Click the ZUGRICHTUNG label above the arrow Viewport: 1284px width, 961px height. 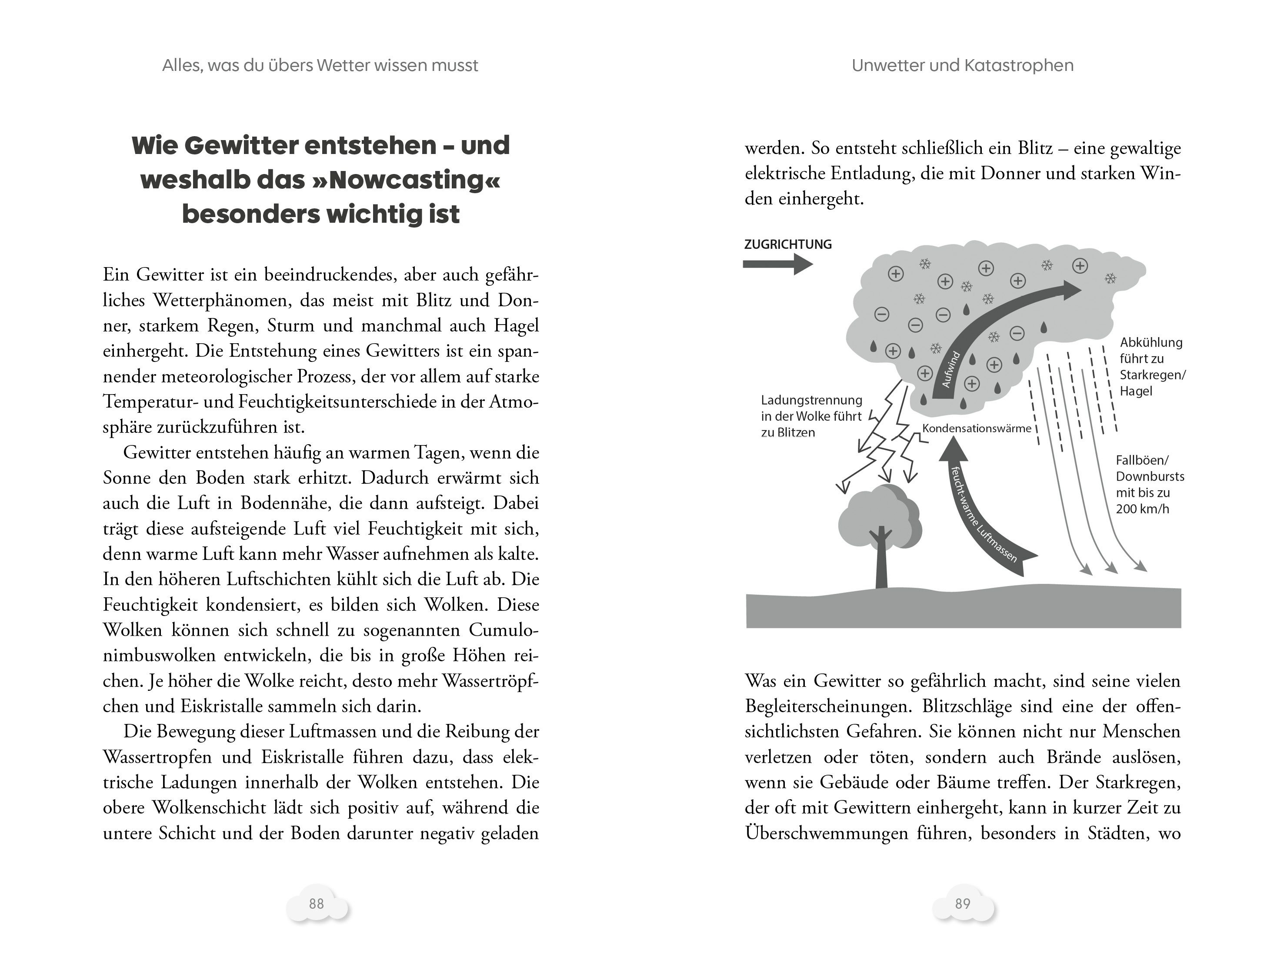click(788, 244)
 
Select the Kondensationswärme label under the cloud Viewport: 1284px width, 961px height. click(977, 429)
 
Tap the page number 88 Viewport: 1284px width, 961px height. click(317, 904)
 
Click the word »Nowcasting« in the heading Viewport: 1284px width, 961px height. click(406, 180)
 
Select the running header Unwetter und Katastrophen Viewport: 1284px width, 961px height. click(962, 66)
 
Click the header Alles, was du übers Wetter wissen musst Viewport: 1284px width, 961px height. click(320, 66)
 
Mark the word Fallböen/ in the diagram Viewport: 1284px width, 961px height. click(1142, 460)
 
